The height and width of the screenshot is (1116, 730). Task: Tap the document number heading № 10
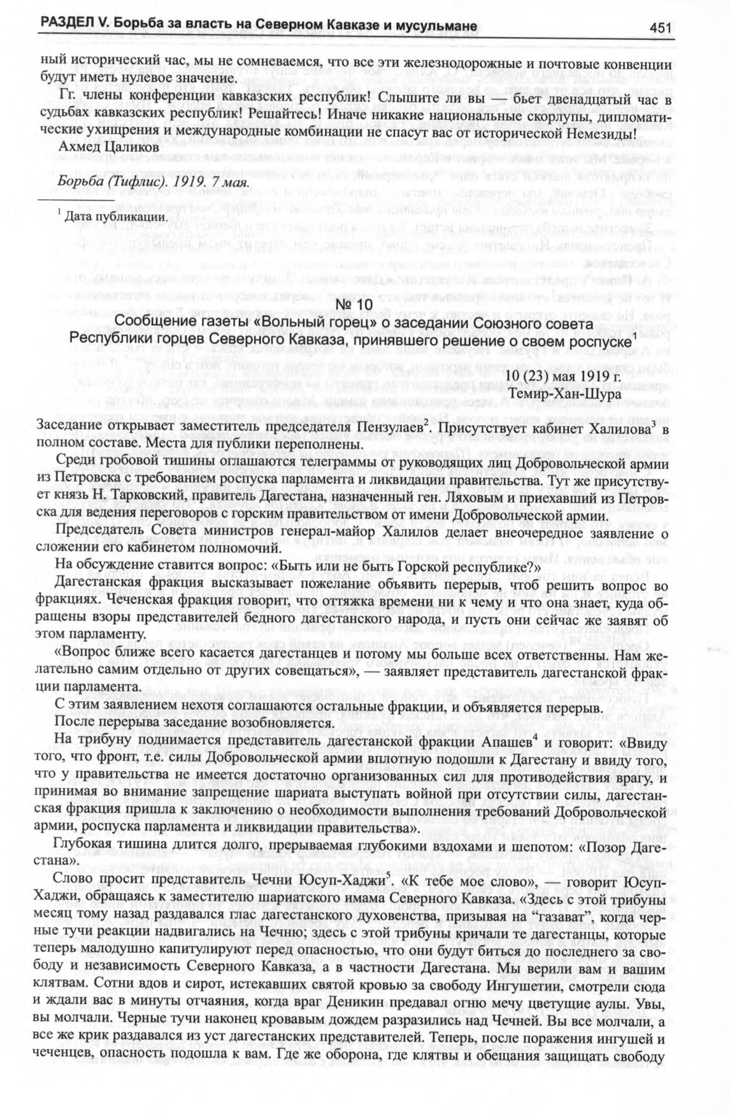pyautogui.click(x=364, y=306)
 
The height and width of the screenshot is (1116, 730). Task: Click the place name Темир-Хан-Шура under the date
pyautogui.click(x=575, y=395)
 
